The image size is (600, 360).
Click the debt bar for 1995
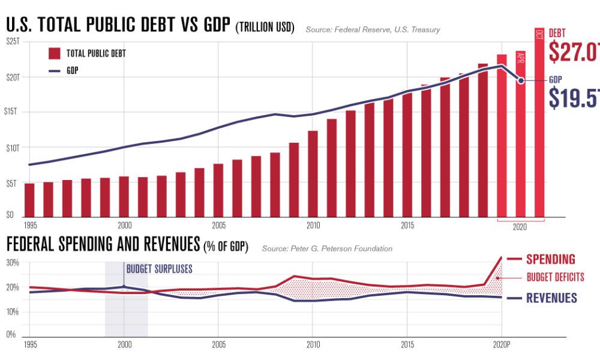pos(29,200)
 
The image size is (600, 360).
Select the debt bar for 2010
pos(313,174)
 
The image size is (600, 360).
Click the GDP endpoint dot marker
pos(521,80)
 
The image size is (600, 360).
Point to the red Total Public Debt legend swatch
pos(55,53)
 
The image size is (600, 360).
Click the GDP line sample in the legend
pos(55,70)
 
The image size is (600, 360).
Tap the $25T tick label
pos(13,41)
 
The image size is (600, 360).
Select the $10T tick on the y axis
pos(13,147)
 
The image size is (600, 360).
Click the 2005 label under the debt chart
pos(219,226)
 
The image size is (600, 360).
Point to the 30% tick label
pos(13,262)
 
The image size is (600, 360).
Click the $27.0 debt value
pos(574,53)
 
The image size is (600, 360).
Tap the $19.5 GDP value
pos(574,98)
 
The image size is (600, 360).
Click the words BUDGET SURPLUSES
pos(160,269)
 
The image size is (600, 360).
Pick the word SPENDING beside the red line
pos(551,259)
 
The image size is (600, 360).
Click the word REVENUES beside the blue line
pos(551,298)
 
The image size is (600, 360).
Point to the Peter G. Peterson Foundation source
pos(327,248)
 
